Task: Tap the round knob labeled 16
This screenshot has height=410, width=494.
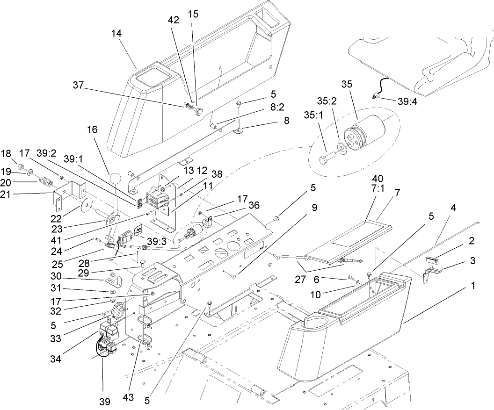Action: click(x=115, y=178)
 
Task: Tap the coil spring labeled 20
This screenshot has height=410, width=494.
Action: click(x=44, y=180)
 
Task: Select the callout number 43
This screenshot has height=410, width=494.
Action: click(x=129, y=397)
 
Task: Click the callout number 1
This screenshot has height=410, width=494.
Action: click(x=473, y=285)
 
